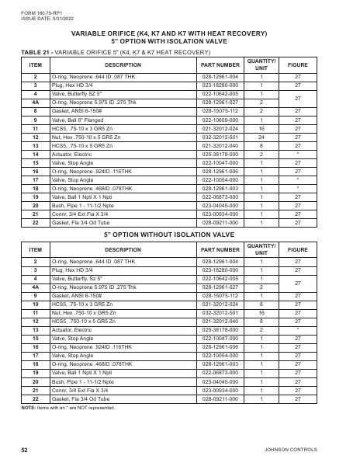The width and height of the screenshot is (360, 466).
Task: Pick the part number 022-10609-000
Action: coord(220,120)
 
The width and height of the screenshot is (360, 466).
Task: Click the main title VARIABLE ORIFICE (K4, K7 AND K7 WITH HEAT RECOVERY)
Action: coord(179,33)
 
